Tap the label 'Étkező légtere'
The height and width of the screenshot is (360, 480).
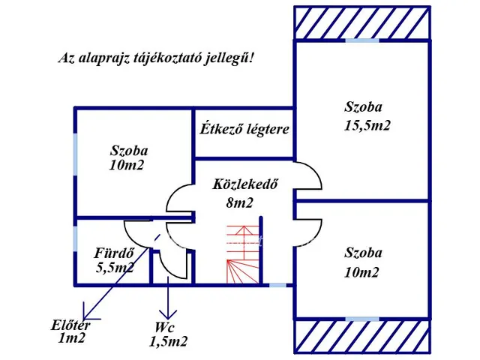pyautogui.click(x=244, y=129)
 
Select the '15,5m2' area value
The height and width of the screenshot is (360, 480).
pyautogui.click(x=367, y=125)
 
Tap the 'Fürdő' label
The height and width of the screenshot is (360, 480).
pyautogui.click(x=114, y=252)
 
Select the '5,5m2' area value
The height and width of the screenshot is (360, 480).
pyautogui.click(x=114, y=266)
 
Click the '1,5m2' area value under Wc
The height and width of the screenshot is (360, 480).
pyautogui.click(x=168, y=342)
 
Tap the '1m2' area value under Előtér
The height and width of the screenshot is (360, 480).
pyautogui.click(x=72, y=339)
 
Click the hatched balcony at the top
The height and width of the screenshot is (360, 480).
pyautogui.click(x=362, y=22)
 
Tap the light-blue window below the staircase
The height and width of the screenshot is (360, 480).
pyautogui.click(x=277, y=285)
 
